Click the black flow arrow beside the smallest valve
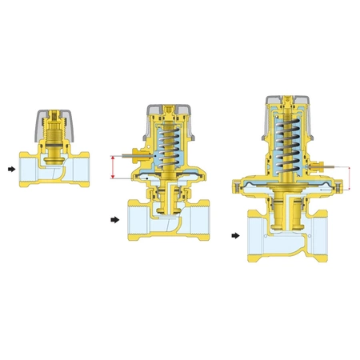(x=10, y=169)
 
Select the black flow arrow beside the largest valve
(x=236, y=236)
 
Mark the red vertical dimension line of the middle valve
(x=114, y=167)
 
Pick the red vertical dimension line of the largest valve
(x=350, y=178)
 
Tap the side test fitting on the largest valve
(x=327, y=167)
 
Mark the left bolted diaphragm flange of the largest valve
(x=238, y=187)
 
